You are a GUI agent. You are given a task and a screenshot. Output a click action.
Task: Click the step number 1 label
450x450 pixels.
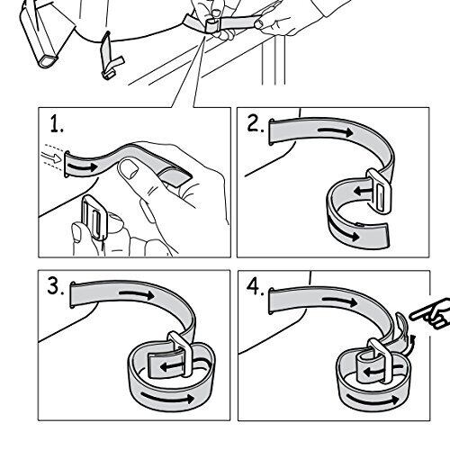click(57, 124)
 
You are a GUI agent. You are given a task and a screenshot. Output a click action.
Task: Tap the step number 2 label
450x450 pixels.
click(256, 123)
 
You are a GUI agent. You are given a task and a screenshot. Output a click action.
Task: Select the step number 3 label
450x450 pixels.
click(56, 286)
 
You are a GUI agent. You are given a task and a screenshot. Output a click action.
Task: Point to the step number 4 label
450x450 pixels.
click(256, 286)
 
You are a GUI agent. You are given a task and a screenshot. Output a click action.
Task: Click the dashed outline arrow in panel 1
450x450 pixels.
click(51, 157)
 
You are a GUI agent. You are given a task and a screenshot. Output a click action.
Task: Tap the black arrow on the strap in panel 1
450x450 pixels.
click(83, 166)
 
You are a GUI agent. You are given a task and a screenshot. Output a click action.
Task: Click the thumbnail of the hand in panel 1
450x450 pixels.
click(129, 169)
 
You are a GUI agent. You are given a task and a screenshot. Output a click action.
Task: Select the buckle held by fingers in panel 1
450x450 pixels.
click(93, 217)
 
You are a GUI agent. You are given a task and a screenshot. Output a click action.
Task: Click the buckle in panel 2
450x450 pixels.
click(380, 192)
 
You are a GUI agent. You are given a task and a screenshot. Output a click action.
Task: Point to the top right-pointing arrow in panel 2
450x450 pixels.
click(336, 132)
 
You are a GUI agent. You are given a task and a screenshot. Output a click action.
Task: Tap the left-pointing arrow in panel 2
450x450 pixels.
click(363, 190)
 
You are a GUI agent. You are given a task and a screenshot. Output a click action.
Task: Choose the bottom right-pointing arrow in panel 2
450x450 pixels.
click(344, 231)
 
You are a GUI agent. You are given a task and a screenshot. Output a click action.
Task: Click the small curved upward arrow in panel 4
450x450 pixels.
click(410, 344)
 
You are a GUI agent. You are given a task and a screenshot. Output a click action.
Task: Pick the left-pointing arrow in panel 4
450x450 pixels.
click(372, 373)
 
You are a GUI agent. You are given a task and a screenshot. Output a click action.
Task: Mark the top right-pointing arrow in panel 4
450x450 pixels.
click(340, 301)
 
